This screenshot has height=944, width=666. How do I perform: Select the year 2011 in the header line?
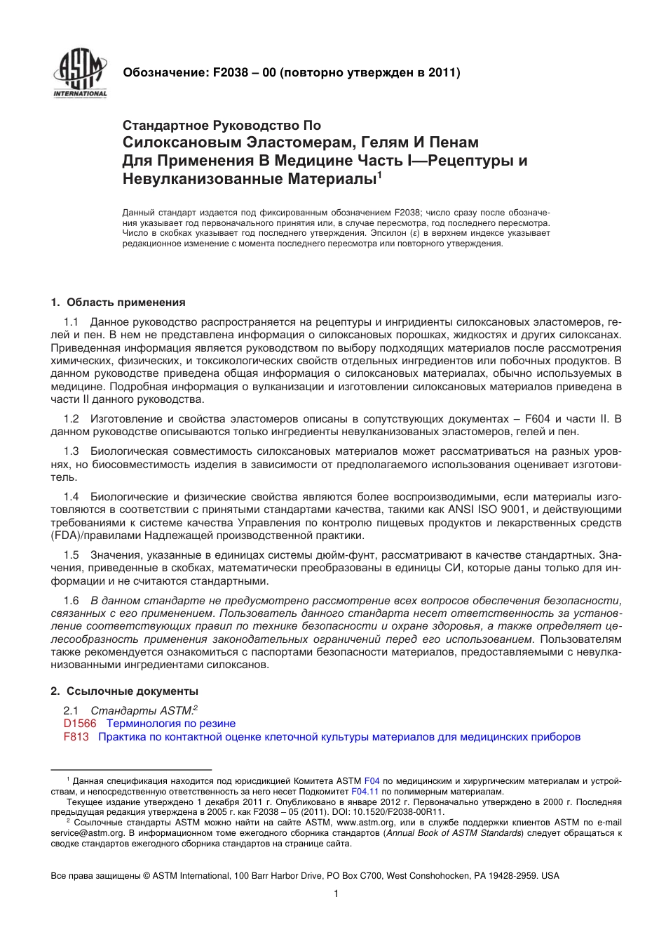(x=442, y=72)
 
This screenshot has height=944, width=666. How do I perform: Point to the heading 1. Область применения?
(x=118, y=303)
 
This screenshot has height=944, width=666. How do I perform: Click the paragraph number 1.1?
(x=71, y=321)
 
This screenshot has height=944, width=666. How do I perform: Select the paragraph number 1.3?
(x=71, y=451)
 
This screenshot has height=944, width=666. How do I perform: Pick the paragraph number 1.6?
(x=71, y=600)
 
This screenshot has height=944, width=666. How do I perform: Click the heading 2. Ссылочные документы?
(x=124, y=691)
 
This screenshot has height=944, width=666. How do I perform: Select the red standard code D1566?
(x=79, y=724)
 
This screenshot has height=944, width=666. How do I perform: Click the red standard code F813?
(x=76, y=737)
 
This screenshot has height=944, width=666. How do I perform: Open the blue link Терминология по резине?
(x=170, y=724)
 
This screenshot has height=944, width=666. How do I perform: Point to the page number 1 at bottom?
(x=337, y=893)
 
